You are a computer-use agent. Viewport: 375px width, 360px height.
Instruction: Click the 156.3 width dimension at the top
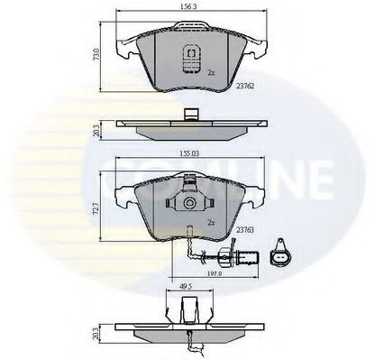(x=190, y=10)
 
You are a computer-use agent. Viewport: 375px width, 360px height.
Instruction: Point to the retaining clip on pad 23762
(x=190, y=56)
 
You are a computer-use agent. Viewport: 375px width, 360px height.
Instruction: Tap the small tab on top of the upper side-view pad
(x=190, y=114)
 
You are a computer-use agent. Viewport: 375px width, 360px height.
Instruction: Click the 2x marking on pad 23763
(x=210, y=221)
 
